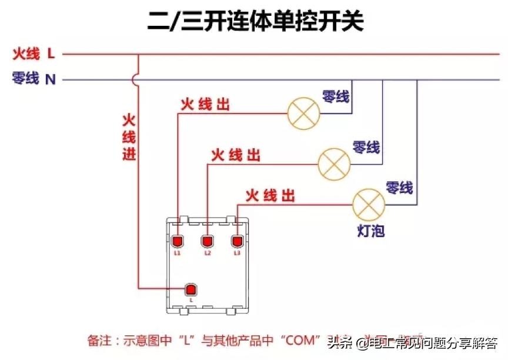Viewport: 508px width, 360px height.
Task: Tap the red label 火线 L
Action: click(x=34, y=55)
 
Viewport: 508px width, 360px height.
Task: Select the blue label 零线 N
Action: click(x=34, y=78)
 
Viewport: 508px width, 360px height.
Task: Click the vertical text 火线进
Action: click(x=129, y=138)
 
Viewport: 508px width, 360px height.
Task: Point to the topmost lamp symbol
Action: click(x=303, y=112)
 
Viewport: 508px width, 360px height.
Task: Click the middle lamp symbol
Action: click(x=334, y=163)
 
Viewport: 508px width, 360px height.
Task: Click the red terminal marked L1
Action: click(x=178, y=241)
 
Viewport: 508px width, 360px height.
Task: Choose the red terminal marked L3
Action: click(x=237, y=241)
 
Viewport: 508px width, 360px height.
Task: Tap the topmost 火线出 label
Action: click(x=205, y=105)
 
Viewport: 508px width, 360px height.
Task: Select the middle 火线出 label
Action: click(x=235, y=155)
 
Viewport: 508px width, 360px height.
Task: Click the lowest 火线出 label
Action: click(x=270, y=195)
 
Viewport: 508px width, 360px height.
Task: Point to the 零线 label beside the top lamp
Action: click(x=335, y=96)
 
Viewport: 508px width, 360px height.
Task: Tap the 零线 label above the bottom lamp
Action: click(x=399, y=188)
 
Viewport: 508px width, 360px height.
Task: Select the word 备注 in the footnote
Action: click(x=99, y=340)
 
